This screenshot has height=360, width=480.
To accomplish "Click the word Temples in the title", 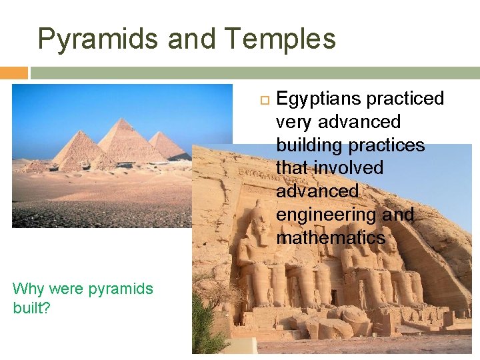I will pyautogui.click(x=280, y=39).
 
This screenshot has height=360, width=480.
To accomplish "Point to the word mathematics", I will pyautogui.click(x=331, y=238).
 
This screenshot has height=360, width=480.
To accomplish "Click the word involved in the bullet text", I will pyautogui.click(x=350, y=168).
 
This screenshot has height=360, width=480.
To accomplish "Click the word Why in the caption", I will pyautogui.click(x=27, y=289).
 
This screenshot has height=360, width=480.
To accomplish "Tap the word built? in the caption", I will pyautogui.click(x=31, y=309).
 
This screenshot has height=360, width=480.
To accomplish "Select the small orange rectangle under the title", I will pyautogui.click(x=13, y=73).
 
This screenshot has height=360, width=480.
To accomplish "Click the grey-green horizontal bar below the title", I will pyautogui.click(x=253, y=73).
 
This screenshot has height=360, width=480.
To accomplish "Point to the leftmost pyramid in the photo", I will pyautogui.click(x=77, y=150).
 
